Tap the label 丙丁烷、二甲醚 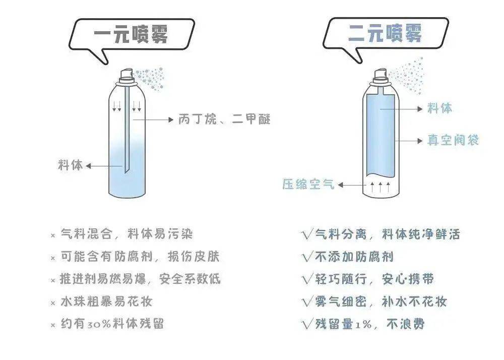click(224, 119)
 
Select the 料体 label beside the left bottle click(71, 165)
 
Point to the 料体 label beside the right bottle click(440, 108)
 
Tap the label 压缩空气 click(308, 185)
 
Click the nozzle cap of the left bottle click(126, 76)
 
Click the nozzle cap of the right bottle click(381, 76)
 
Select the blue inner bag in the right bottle click(381, 136)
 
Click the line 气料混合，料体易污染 click(127, 234)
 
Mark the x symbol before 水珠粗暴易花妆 click(52, 303)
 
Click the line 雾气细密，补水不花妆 click(381, 302)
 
